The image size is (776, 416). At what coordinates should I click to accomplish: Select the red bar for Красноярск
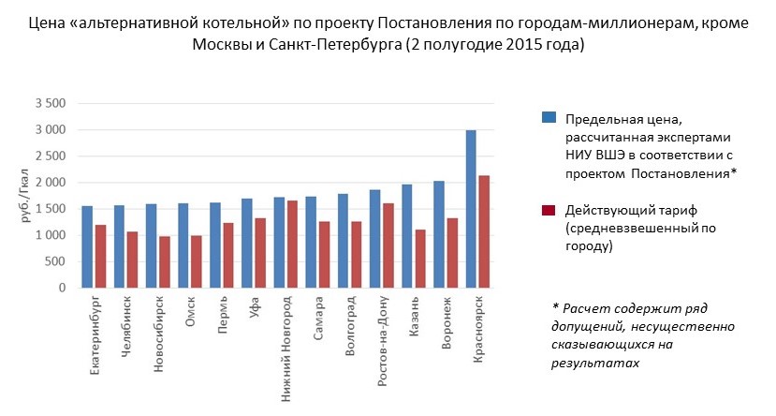tap(484, 231)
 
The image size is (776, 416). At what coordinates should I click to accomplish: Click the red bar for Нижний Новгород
tap(292, 244)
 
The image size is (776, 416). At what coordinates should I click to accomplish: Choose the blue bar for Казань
tap(407, 236)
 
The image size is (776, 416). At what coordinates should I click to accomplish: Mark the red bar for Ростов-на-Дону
tap(388, 245)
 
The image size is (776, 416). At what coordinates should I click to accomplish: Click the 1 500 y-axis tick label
tap(50, 209)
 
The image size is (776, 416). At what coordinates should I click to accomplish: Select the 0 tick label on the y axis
tap(61, 289)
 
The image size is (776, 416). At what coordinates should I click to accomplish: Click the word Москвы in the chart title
tap(220, 45)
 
